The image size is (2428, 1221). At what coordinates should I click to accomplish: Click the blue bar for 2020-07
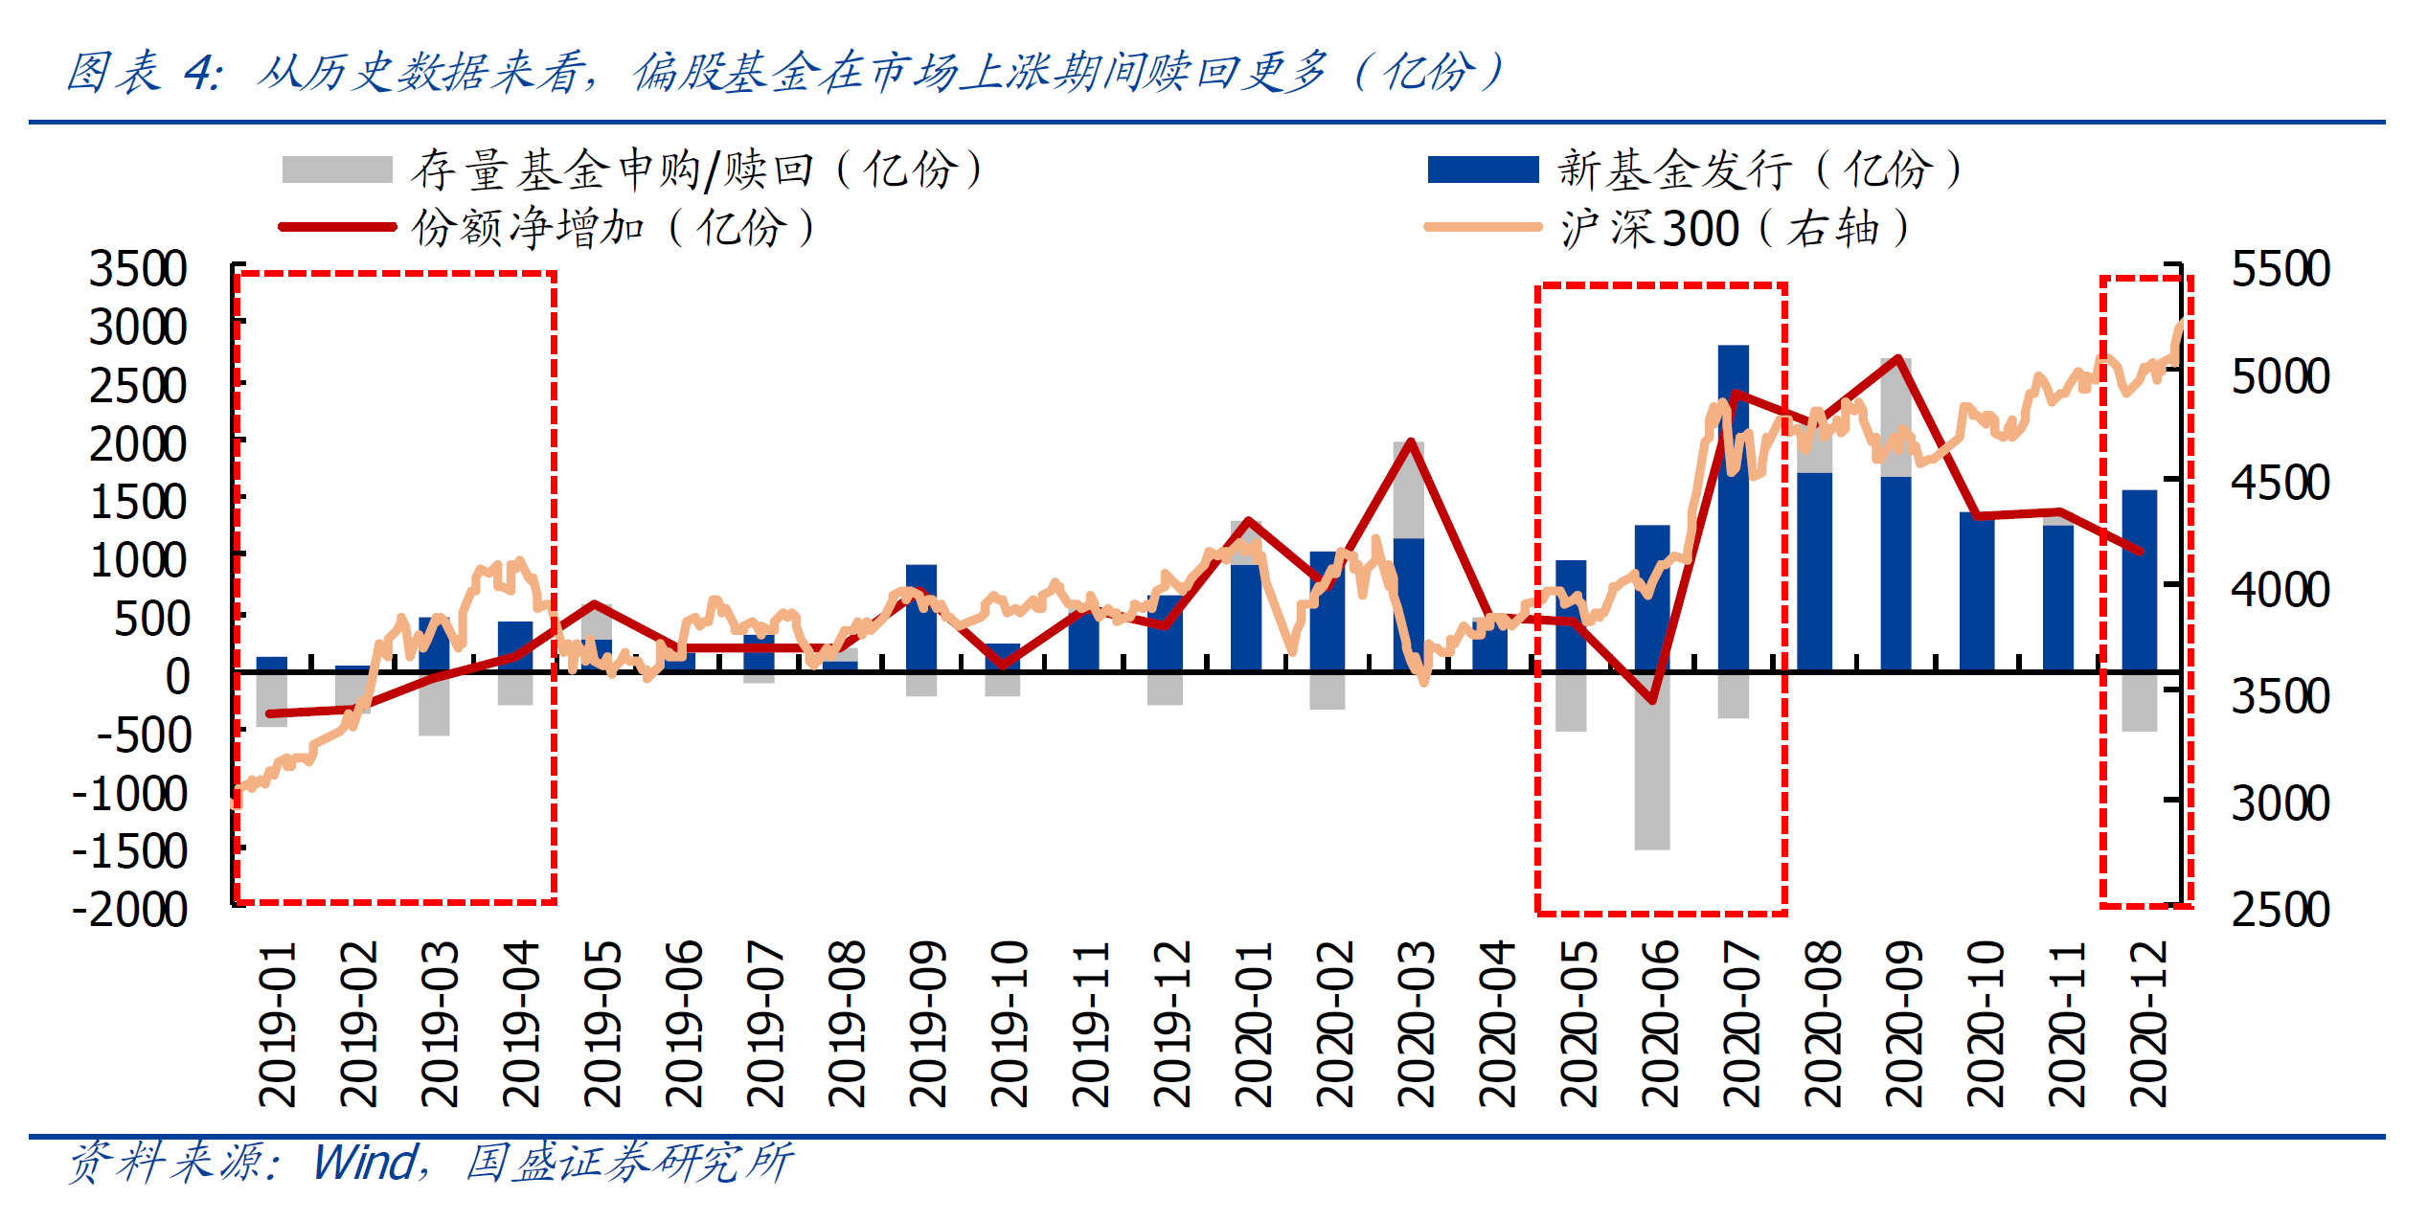[1733, 508]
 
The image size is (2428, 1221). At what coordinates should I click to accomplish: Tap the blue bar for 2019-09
[920, 618]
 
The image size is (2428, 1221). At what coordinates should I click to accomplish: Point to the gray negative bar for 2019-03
[434, 704]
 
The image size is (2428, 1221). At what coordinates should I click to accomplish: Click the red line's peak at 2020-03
[1410, 441]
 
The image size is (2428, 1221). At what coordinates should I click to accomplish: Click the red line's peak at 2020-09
[1897, 359]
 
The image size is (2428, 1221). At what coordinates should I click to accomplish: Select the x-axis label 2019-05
[602, 1024]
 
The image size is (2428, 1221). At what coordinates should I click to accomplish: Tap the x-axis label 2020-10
[1986, 1024]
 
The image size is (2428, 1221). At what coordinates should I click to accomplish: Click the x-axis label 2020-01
[1254, 1024]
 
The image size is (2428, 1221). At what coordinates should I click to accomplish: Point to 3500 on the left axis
[138, 269]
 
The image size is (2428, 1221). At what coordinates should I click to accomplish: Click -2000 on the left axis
[130, 909]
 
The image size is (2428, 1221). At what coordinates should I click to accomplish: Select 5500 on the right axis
[2281, 269]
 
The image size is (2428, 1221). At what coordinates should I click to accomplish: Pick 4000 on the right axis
[2281, 589]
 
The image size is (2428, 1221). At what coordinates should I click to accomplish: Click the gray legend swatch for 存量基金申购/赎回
[337, 170]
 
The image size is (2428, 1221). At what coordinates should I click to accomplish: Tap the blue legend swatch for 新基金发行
[1483, 170]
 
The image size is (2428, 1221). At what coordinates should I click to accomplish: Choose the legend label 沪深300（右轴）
[1735, 228]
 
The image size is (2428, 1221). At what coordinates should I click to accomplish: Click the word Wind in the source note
[367, 1163]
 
